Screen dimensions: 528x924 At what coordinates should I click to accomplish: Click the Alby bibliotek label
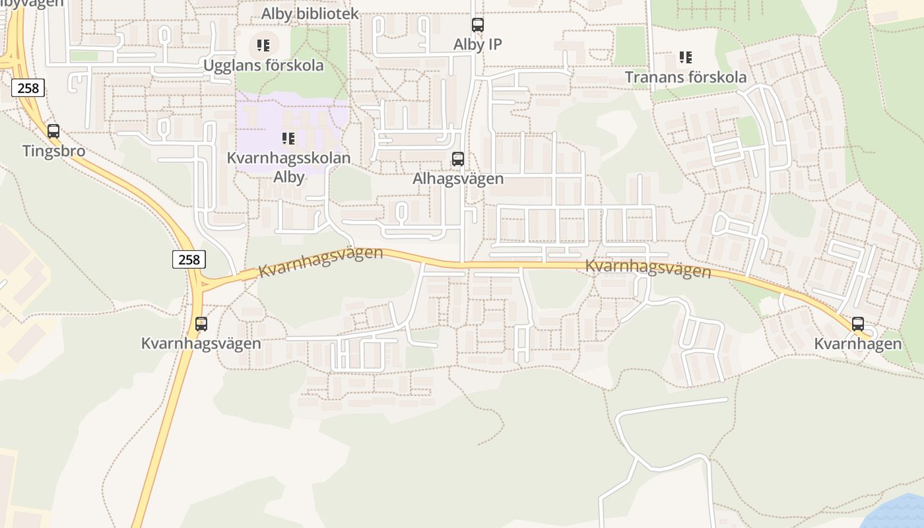(310, 14)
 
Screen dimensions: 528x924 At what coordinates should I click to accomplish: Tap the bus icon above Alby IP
(478, 26)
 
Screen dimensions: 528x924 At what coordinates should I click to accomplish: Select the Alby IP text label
(477, 44)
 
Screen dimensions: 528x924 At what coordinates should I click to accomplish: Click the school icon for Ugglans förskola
(263, 46)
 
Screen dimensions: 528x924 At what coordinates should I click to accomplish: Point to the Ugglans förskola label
(263, 65)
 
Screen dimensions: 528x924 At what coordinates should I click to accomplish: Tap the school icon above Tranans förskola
(686, 57)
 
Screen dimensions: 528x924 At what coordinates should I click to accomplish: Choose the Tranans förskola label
(686, 77)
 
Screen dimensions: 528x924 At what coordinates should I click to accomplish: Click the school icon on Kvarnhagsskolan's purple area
(288, 139)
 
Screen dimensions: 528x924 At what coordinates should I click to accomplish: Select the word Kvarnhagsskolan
(288, 158)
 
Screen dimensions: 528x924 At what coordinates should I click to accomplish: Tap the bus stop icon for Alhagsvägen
(458, 159)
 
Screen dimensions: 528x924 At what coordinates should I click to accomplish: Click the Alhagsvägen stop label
(458, 179)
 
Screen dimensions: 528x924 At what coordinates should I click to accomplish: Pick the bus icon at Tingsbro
(53, 131)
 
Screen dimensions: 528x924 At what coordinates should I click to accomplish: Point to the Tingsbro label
(53, 151)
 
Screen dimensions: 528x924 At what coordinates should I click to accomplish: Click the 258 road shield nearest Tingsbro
(28, 88)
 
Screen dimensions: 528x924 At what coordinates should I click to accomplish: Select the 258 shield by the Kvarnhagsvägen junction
(189, 259)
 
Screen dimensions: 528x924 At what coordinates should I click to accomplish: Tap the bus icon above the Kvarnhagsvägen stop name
(201, 324)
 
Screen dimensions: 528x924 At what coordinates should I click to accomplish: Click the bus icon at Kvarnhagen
(858, 324)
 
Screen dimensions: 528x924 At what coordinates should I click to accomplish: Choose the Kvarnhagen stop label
(857, 344)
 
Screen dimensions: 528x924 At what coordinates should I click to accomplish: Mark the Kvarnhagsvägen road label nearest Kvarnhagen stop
(648, 269)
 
